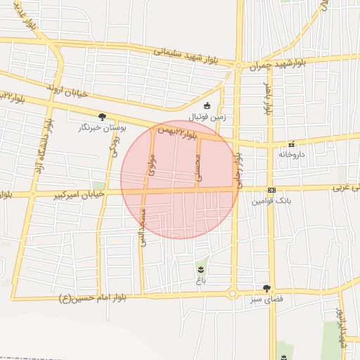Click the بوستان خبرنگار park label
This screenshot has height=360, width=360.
tap(103, 128)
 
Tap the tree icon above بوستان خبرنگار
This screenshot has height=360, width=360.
tap(103, 117)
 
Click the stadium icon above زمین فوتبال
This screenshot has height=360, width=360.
tap(207, 105)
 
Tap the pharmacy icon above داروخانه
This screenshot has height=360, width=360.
tap(292, 143)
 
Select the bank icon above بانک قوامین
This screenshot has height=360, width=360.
tap(271, 190)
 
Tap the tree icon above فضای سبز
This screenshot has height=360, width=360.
tap(266, 288)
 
